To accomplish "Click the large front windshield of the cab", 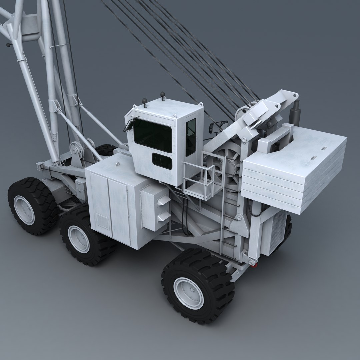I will point(153,135).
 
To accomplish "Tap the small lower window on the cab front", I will point(162,161).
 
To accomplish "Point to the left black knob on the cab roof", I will point(144,100).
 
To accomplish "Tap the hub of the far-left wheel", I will point(24,210).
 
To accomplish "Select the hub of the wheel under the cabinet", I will point(79,239).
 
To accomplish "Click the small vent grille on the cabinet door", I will point(103,222).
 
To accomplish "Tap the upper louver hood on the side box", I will point(164,201).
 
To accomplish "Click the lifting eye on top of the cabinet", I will point(117,164).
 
